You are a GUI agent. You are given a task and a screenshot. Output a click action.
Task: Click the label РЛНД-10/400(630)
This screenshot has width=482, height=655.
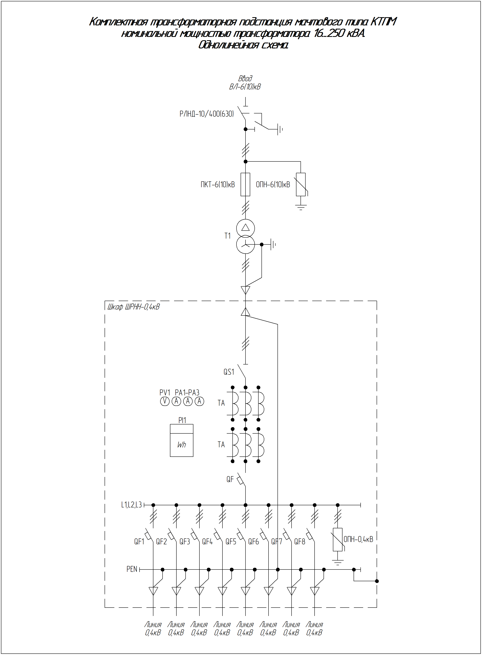(x=207, y=114)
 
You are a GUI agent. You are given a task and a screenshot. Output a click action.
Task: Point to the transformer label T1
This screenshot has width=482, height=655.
(x=228, y=236)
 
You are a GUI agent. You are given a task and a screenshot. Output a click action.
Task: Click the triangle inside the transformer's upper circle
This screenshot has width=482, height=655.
(x=245, y=227)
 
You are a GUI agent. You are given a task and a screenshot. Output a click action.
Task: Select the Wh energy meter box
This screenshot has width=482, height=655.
(x=181, y=440)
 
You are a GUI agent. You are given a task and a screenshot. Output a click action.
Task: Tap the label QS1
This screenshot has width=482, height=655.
(x=229, y=372)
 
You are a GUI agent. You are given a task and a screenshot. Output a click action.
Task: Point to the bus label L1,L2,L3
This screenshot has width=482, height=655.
(x=132, y=505)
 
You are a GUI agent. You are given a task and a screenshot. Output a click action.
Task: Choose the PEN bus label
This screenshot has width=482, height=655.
(x=132, y=569)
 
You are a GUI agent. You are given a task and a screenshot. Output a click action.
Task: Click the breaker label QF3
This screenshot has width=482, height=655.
(x=185, y=542)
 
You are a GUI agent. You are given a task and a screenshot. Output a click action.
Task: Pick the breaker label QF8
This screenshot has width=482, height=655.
(x=300, y=542)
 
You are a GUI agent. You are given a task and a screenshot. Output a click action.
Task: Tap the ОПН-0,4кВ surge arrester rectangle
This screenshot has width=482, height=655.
(x=338, y=539)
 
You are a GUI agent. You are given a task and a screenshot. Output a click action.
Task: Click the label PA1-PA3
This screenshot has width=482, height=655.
(x=187, y=393)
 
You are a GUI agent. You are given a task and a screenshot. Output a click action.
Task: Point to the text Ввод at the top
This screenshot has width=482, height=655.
(x=245, y=78)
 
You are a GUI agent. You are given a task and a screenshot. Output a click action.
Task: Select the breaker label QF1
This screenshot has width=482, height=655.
(x=139, y=542)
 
